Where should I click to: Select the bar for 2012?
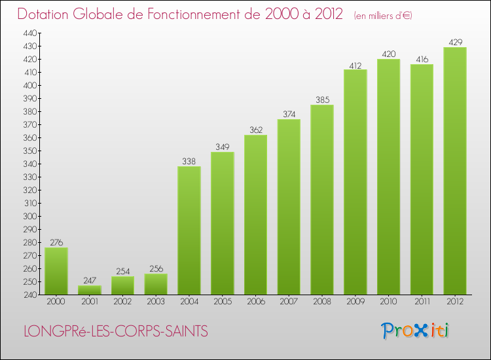pos(455,171)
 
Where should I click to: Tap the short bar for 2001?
pos(90,290)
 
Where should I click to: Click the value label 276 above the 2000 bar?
pos(56,242)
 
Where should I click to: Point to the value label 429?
pos(455,42)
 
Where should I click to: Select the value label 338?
pos(189,161)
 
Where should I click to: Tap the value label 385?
pos(322,99)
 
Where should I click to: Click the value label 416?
pos(422,59)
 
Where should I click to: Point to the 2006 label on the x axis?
pos(256,302)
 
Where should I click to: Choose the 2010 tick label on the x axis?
pos(389,302)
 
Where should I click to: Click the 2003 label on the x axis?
pos(156,302)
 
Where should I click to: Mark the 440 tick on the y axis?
pos(30,33)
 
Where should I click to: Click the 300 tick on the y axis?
pos(30,216)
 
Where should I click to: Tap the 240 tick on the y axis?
pos(30,295)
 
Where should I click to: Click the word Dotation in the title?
pos(45,14)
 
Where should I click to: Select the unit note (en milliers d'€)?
pos(383,15)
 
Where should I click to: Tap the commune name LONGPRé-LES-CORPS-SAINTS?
pos(116,332)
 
